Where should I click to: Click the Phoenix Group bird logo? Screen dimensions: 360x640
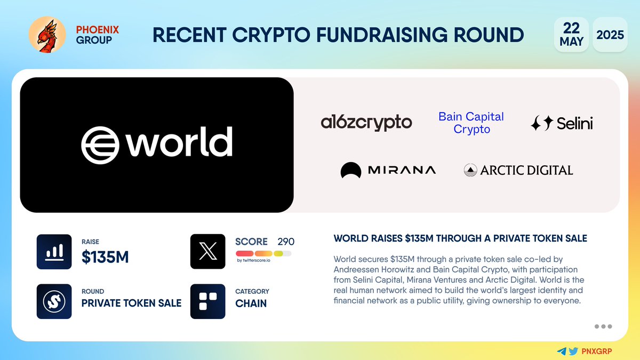[47, 35]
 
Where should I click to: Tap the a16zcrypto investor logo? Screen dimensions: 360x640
[366, 123]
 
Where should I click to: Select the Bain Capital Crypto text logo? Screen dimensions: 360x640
[471, 123]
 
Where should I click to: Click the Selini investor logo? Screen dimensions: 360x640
[562, 124]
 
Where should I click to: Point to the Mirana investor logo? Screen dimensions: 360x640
[388, 170]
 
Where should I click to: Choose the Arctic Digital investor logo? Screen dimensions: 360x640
[518, 170]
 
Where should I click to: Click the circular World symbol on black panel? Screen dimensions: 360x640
[100, 144]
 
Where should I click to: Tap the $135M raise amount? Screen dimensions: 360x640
[105, 258]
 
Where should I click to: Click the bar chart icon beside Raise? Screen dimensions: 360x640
[54, 252]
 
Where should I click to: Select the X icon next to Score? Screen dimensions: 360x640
[207, 252]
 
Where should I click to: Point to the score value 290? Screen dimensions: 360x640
[286, 242]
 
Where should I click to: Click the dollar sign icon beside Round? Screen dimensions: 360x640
[54, 301]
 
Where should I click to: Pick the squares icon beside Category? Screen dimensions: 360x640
[207, 301]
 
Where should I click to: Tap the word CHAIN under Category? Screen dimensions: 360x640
[251, 303]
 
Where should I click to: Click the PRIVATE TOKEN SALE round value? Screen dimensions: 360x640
[131, 303]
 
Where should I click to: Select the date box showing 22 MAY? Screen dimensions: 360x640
[571, 35]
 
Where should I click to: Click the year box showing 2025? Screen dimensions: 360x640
[610, 35]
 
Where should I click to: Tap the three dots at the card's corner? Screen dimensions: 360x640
[603, 326]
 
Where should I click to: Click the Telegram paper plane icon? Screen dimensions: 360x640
[561, 351]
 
